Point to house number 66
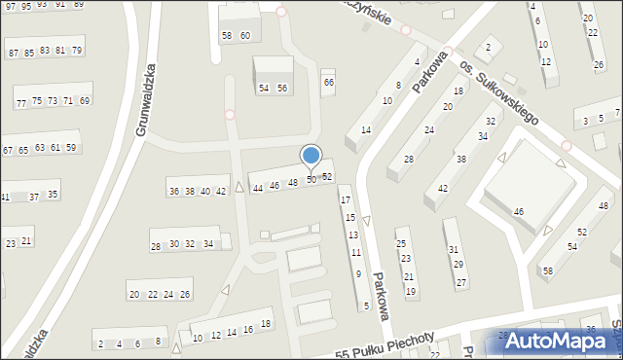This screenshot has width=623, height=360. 329,83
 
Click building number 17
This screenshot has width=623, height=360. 346,200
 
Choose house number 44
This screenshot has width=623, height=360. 258,188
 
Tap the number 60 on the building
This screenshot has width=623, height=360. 245,36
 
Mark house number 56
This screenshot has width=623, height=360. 281,89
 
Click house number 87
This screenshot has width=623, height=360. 14,53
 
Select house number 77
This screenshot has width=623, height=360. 21,103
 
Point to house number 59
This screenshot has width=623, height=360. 71,148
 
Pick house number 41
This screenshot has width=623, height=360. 5,198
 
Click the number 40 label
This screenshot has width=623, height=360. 205,192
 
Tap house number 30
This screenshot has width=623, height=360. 174,244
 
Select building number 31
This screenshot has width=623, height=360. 453,250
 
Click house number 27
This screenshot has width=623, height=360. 461,282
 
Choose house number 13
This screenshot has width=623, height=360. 353,235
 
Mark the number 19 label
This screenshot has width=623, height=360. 411,291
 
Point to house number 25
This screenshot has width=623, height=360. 400,244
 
